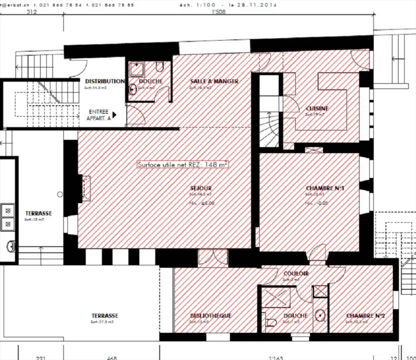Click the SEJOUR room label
tap(201, 188)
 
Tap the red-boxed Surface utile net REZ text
tap(183, 165)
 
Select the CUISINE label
tap(317, 109)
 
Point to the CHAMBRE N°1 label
tap(325, 188)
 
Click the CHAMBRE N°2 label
tap(365, 316)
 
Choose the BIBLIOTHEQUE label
tap(211, 316)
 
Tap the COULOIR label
tap(296, 273)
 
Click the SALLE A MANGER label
tap(214, 81)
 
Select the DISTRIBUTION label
tap(105, 81)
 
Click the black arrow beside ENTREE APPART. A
tap(114, 115)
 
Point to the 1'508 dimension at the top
tap(218, 12)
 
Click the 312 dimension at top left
tap(31, 12)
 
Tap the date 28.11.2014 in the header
tap(257, 5)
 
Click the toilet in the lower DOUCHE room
tap(270, 322)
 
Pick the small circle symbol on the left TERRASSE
tap(60, 194)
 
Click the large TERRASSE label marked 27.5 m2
tap(105, 316)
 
